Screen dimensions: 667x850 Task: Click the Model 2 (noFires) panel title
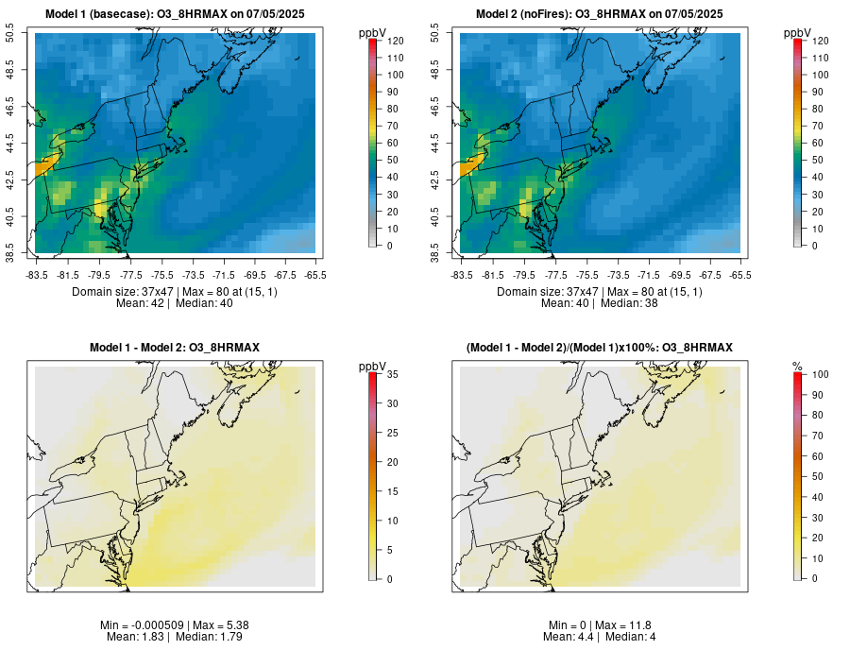click(x=599, y=13)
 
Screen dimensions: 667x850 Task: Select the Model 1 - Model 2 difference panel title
click(x=174, y=349)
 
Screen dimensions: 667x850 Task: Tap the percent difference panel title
click(x=599, y=349)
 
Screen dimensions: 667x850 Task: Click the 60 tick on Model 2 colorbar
click(x=814, y=143)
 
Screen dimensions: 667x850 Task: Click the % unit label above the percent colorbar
click(x=797, y=366)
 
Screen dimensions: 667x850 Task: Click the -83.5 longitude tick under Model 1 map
click(x=38, y=275)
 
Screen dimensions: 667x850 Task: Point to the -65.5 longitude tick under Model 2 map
click(x=739, y=275)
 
